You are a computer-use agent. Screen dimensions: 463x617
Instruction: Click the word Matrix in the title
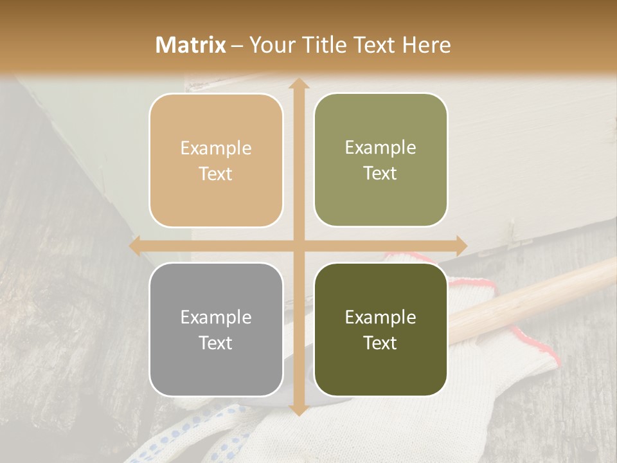[x=191, y=45]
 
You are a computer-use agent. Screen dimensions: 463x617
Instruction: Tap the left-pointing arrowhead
[x=136, y=246]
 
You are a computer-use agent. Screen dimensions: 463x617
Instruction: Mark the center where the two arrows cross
[x=298, y=246]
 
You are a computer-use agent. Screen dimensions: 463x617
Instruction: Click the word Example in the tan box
[x=216, y=149]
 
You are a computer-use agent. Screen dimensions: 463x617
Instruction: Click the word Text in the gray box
[x=216, y=343]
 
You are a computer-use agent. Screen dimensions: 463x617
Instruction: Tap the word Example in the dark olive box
[x=380, y=317]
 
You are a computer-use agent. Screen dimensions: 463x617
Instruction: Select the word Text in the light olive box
[x=380, y=174]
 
